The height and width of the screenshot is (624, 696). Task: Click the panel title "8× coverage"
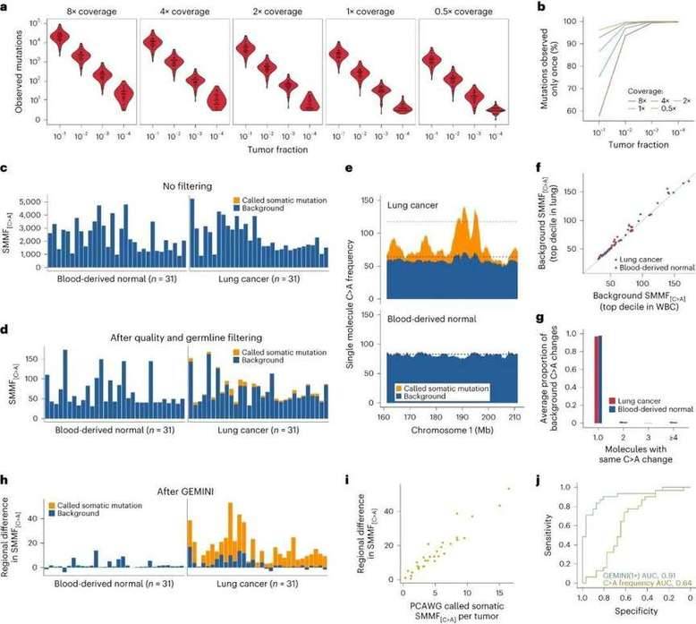click(x=94, y=13)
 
